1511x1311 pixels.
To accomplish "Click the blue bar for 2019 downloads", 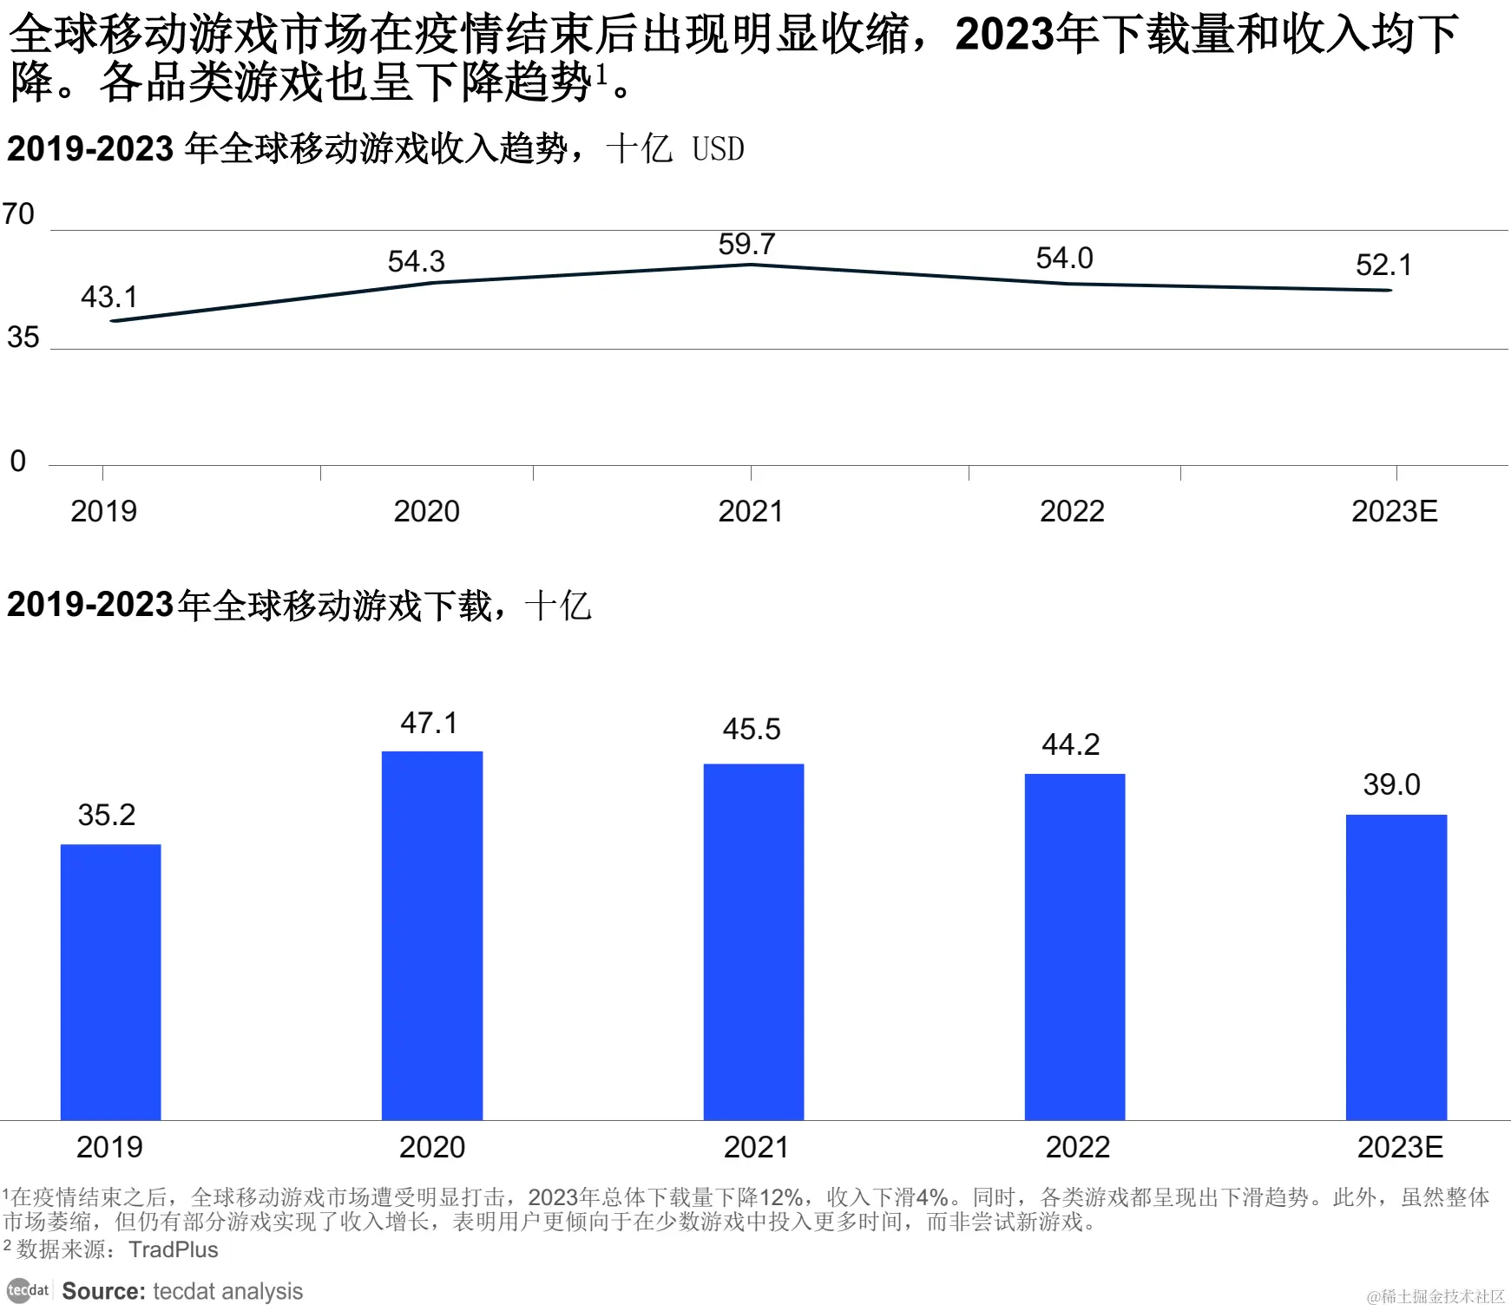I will tap(110, 981).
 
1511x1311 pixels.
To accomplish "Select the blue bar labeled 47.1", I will tap(432, 935).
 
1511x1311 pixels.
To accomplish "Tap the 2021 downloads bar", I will tap(753, 941).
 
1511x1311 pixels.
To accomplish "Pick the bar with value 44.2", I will tap(1074, 947).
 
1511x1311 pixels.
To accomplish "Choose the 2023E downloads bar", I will tap(1396, 967).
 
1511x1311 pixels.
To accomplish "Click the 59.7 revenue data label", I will tap(746, 245).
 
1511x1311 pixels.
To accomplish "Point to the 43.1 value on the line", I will tap(109, 298).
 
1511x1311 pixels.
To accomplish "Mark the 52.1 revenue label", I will tap(1383, 265).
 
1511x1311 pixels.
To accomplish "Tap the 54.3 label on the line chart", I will tap(416, 262).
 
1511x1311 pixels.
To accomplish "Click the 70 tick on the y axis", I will tap(18, 214).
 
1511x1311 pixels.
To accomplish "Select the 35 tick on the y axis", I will tap(23, 338).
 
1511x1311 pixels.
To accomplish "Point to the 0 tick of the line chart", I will tap(17, 462).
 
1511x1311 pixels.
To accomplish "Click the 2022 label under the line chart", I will tap(1072, 512).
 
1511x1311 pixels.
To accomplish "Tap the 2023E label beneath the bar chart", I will tap(1399, 1148).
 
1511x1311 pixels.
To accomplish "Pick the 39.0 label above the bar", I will tap(1391, 785).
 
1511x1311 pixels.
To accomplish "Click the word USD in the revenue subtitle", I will tap(718, 150).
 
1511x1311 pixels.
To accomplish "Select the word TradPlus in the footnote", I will tap(174, 1249).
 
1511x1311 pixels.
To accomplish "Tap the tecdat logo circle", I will tap(19, 1290).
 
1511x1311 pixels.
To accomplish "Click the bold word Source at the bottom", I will tap(102, 1291).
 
